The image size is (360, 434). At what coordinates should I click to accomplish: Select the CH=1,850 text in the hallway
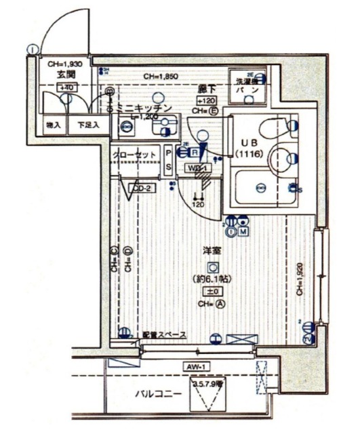click(161, 77)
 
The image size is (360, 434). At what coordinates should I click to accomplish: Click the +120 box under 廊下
click(207, 100)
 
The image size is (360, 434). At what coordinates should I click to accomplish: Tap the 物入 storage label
click(54, 125)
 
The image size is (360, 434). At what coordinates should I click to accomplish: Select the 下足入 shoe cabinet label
click(87, 125)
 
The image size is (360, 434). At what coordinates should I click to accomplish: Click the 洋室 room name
click(212, 252)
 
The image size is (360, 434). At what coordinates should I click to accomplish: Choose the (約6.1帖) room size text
click(212, 279)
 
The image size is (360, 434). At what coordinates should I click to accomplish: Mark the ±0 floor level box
click(212, 291)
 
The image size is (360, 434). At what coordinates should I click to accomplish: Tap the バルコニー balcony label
click(155, 393)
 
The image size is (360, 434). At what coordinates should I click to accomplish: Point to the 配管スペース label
click(161, 334)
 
